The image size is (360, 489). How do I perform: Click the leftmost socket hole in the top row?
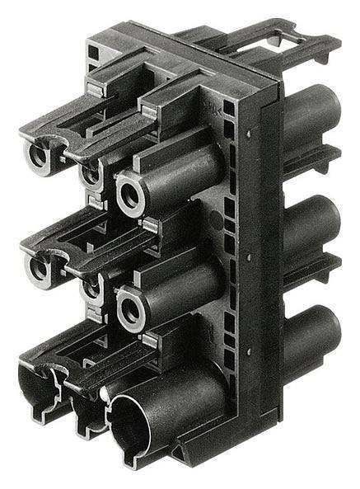(x=38, y=156)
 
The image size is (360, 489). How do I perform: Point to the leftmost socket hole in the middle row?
(x=38, y=266)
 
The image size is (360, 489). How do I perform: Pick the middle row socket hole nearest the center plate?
(x=129, y=308)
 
